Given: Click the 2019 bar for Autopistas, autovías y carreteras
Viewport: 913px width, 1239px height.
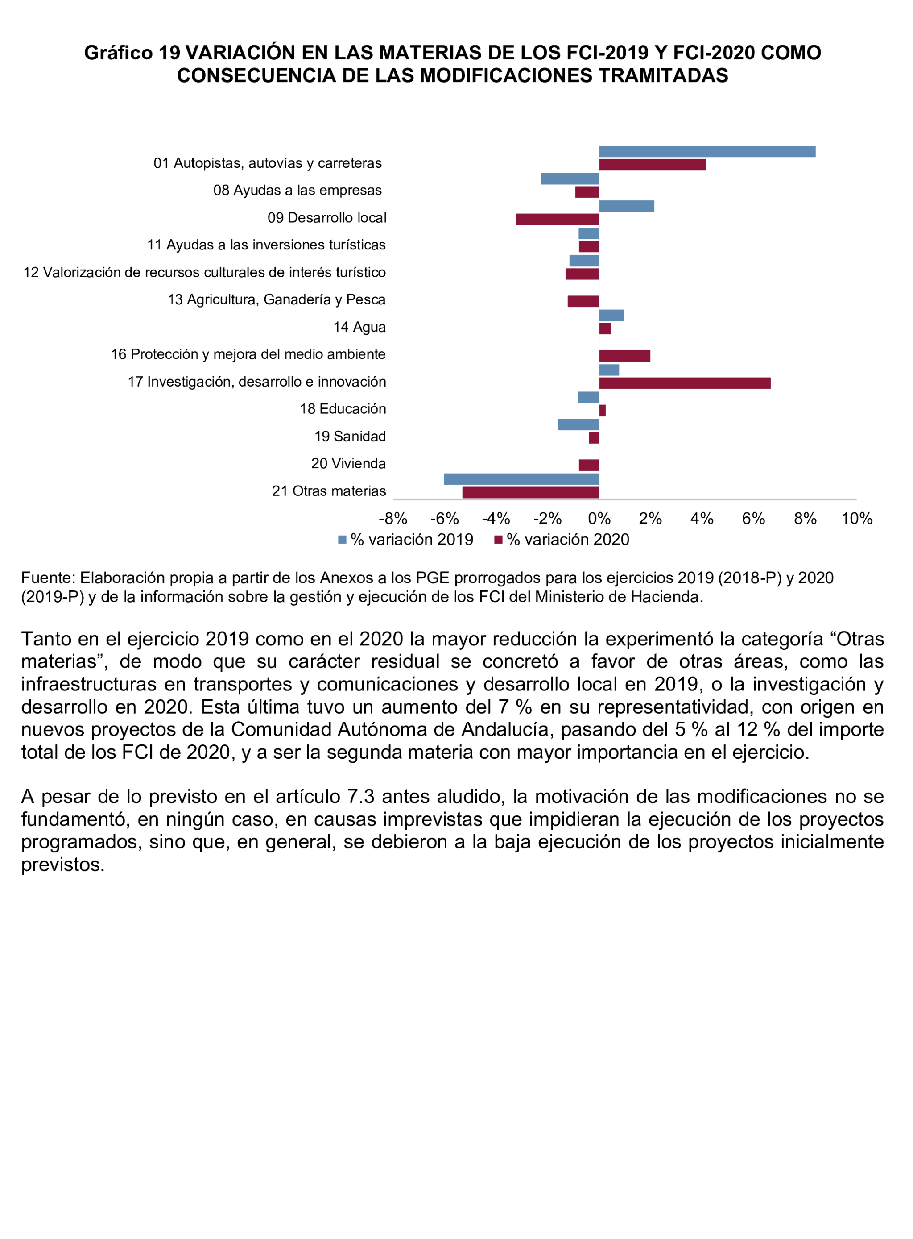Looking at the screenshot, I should [707, 151].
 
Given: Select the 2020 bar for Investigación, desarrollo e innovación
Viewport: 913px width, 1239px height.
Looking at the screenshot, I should [684, 383].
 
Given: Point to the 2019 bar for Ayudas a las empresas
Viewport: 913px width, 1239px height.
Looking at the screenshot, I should [570, 179].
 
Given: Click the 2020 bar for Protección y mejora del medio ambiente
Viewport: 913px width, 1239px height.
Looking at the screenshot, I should [624, 356].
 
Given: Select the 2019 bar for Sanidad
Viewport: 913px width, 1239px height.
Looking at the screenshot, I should [578, 424].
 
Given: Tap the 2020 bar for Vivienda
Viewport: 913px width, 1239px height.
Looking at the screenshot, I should [589, 465].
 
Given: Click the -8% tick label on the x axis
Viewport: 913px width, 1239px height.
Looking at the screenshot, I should [392, 519].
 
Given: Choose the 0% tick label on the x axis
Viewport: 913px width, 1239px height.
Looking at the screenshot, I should [599, 519].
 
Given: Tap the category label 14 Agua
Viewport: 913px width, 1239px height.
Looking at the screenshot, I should [359, 327].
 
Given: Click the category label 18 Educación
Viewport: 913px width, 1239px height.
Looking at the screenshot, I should [343, 409].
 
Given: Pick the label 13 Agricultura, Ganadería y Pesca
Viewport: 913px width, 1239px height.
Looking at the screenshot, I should [277, 299].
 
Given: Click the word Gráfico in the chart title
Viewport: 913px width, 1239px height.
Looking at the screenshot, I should [118, 53].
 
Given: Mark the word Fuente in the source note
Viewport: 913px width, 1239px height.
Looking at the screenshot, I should [46, 578].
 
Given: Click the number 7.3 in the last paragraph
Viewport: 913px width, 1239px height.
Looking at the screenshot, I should [361, 797].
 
